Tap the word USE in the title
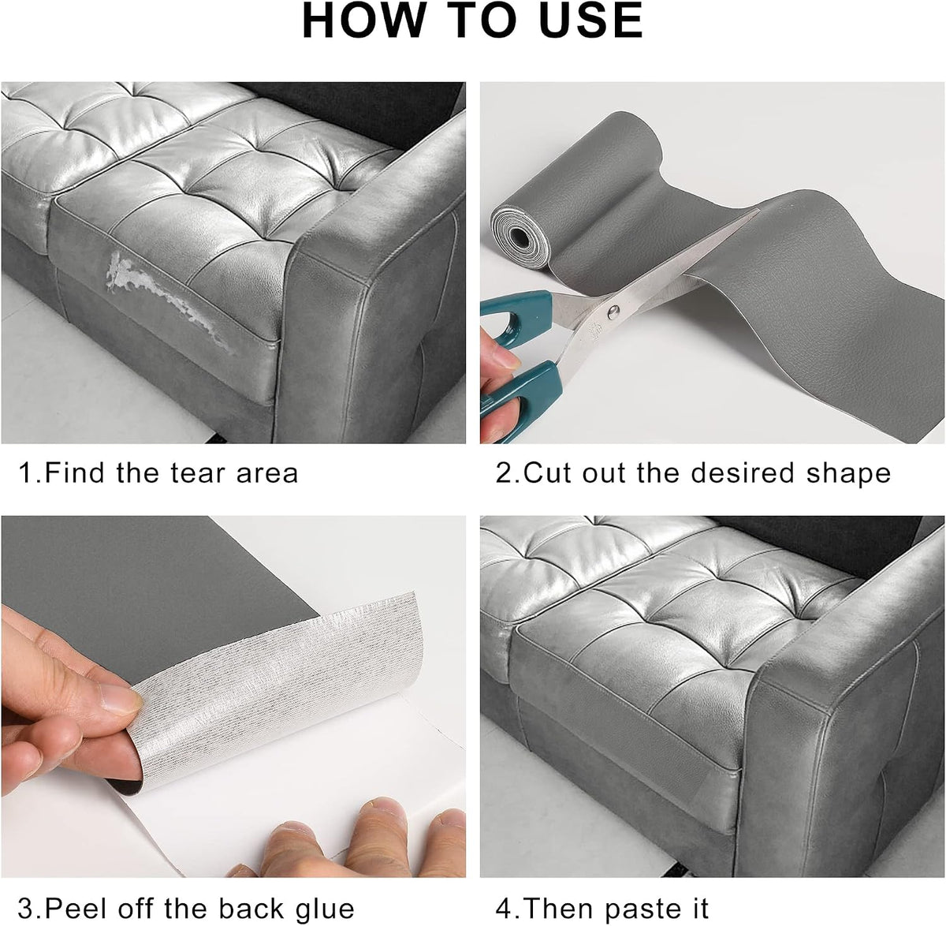coord(586,21)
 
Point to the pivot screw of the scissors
coord(613,312)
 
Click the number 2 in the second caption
coord(504,472)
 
